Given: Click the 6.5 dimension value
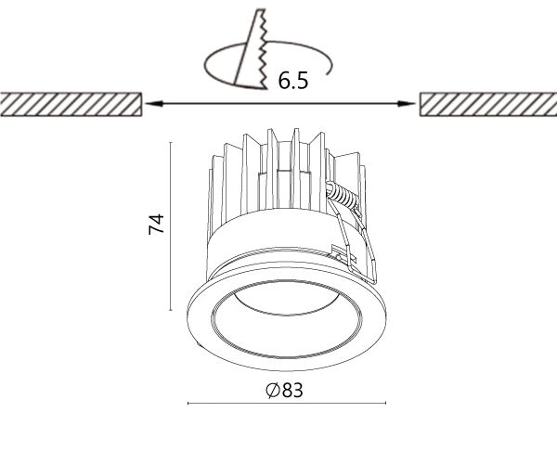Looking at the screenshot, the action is [x=293, y=81].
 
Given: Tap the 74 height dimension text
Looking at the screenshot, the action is [x=157, y=224].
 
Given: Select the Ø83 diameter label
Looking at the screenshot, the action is [x=285, y=390].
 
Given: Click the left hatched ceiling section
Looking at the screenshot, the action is [x=71, y=104].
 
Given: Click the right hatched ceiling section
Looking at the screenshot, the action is [x=488, y=104].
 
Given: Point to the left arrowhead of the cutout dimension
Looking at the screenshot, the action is [x=153, y=104].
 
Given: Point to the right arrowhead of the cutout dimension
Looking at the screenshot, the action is [x=407, y=104].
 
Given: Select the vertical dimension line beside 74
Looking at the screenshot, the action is [x=171, y=225].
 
